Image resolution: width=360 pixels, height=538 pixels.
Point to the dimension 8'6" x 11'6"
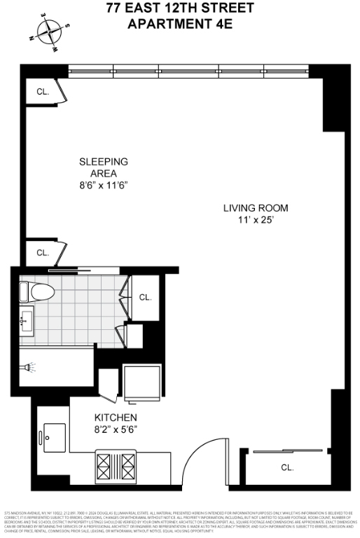point(103,186)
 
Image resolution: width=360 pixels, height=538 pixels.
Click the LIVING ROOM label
point(256,208)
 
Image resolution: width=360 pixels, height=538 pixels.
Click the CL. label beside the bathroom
point(146,297)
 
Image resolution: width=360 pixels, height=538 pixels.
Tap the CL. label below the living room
point(286,467)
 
